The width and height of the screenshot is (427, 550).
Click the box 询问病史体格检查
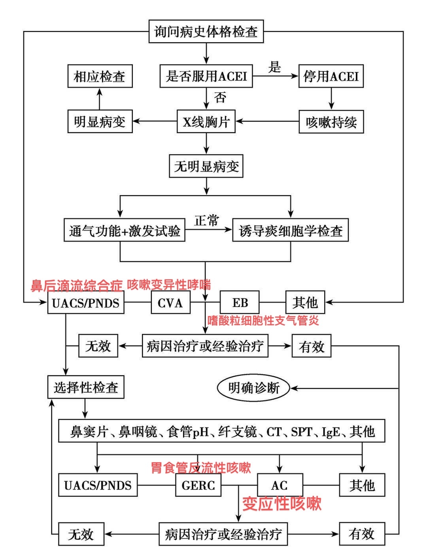206,32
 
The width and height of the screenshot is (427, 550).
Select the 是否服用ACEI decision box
206,76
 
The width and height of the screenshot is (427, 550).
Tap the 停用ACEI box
331,76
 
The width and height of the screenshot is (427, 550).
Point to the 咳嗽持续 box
331,122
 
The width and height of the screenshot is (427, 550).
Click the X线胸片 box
206,122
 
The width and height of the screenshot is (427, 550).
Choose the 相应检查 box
100,76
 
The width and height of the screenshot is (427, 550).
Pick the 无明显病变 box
206,166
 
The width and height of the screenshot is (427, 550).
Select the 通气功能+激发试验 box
125,230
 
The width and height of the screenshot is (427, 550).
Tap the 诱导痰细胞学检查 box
290,230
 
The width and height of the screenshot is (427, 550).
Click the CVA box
170,303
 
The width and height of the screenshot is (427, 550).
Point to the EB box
240,303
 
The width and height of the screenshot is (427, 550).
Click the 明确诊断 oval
253,388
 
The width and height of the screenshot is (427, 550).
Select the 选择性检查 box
86,387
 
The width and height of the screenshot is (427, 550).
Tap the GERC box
198,485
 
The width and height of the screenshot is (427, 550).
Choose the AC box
280,485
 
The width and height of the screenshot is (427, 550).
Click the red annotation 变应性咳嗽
282,504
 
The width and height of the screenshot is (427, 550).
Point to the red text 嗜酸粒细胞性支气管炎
263,320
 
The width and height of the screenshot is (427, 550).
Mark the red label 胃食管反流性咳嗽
201,468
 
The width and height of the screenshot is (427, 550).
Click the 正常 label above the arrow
206,220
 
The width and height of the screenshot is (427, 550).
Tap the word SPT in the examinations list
301,431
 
